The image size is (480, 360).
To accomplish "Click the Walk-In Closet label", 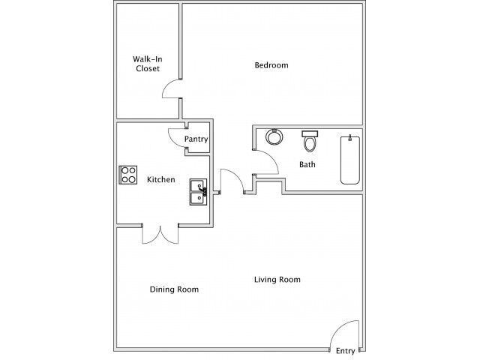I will click(x=147, y=64).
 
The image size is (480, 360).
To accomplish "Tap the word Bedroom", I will click(x=271, y=65).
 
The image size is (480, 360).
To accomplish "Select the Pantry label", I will click(x=196, y=139).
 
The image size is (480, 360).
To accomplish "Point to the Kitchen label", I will click(x=160, y=180).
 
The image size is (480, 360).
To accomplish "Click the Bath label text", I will click(x=307, y=164).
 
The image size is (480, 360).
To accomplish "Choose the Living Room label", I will click(x=277, y=280).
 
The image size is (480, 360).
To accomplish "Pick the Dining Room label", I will click(x=174, y=289).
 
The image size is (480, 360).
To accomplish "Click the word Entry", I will click(x=345, y=350).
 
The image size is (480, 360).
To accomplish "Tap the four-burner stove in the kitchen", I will click(x=128, y=175).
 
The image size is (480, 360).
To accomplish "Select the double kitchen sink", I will click(x=199, y=192).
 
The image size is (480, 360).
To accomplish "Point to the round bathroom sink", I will click(x=274, y=137).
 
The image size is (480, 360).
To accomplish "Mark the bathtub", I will click(x=350, y=160).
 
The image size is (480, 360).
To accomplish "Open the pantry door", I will click(x=178, y=137).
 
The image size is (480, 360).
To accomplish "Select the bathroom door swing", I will click(x=266, y=160).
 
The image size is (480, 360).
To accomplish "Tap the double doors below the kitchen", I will click(x=159, y=234).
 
